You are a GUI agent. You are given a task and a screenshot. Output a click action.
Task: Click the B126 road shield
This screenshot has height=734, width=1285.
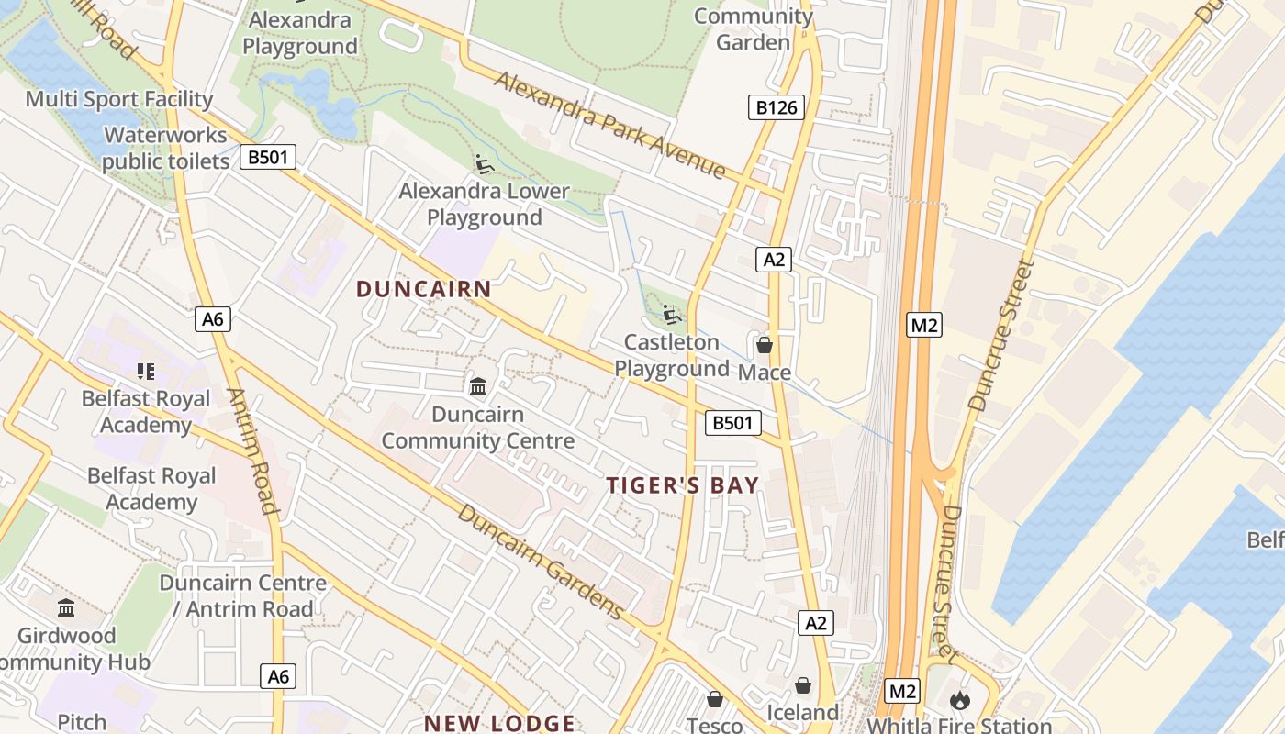point(776,108)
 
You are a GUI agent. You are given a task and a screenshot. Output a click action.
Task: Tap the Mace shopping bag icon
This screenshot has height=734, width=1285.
point(764,346)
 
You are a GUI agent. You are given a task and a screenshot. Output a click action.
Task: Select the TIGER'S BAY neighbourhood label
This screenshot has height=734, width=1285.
point(683,485)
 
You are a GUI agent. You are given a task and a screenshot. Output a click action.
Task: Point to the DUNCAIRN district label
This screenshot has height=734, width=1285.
point(424,289)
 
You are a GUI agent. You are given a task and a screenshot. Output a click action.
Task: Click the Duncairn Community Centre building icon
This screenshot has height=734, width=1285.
point(478,387)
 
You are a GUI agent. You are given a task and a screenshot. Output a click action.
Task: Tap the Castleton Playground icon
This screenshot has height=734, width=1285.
point(673,316)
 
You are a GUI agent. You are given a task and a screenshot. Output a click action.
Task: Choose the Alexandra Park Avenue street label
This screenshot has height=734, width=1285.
point(610,124)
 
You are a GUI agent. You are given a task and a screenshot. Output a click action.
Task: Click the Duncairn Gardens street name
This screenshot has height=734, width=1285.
point(542,562)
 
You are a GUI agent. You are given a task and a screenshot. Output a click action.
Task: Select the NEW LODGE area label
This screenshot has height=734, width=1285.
point(499,723)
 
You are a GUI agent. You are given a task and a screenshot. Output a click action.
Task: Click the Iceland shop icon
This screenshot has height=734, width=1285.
point(803,685)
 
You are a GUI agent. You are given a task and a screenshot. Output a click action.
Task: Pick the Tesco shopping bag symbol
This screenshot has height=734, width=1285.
point(715,699)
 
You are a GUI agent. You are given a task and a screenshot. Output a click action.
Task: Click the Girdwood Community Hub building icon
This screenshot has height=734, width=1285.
point(66,608)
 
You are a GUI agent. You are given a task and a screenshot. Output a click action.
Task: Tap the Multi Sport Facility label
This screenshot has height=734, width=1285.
point(119,99)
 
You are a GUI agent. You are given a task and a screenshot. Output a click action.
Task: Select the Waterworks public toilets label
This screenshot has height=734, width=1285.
point(165,149)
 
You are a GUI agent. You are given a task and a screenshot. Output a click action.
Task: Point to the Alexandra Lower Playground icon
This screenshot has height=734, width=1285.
point(484,164)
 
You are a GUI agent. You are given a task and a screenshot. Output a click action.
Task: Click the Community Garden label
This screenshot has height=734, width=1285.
point(753,28)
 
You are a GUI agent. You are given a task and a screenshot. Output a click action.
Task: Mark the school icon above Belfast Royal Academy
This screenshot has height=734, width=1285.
point(145,372)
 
